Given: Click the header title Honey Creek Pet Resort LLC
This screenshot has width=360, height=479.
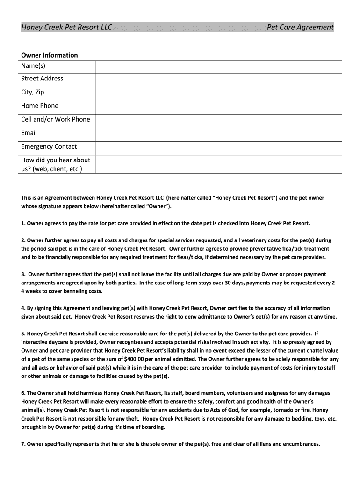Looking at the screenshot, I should tap(67, 27).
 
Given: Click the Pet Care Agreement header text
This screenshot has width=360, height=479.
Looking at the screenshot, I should tap(300, 27).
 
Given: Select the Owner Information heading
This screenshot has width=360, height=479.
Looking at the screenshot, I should tap(50, 55).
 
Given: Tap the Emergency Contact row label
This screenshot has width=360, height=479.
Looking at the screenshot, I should tap(49, 146).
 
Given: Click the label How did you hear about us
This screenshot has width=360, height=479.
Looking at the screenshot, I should tap(56, 164).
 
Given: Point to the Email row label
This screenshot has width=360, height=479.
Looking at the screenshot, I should tap(29, 133).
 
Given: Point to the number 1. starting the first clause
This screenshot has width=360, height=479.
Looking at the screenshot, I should tap(23, 223).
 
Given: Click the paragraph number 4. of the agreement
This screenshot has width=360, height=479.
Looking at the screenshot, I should tap(23, 308).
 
